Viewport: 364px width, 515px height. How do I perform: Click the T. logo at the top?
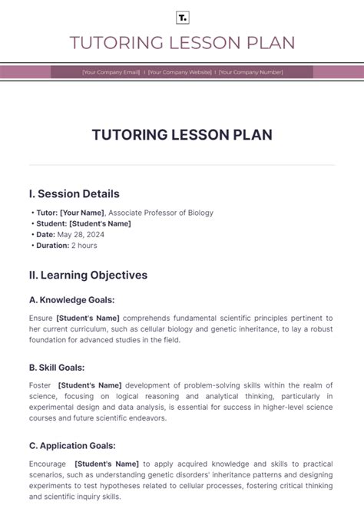[x=182, y=18]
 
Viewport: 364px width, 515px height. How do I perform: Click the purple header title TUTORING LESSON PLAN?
[x=182, y=43]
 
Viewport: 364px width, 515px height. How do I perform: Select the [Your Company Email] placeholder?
[x=111, y=72]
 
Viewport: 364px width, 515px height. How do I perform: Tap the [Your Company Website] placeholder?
[x=179, y=72]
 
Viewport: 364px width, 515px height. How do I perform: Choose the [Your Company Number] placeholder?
[x=250, y=72]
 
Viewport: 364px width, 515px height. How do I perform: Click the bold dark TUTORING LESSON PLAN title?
[x=182, y=135]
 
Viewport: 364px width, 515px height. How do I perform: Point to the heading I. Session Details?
[x=74, y=194]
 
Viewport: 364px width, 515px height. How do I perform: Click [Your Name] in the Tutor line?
[x=82, y=213]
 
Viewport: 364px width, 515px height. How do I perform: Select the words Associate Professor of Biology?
[x=160, y=213]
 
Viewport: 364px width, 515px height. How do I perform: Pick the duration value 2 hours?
[x=84, y=246]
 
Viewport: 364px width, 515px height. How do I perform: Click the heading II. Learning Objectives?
[x=88, y=275]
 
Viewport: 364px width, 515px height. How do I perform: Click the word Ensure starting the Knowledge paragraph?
[x=41, y=318]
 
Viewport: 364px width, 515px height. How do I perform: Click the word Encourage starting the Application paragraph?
[x=47, y=464]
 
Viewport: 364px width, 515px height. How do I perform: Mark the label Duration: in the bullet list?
[x=52, y=246]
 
